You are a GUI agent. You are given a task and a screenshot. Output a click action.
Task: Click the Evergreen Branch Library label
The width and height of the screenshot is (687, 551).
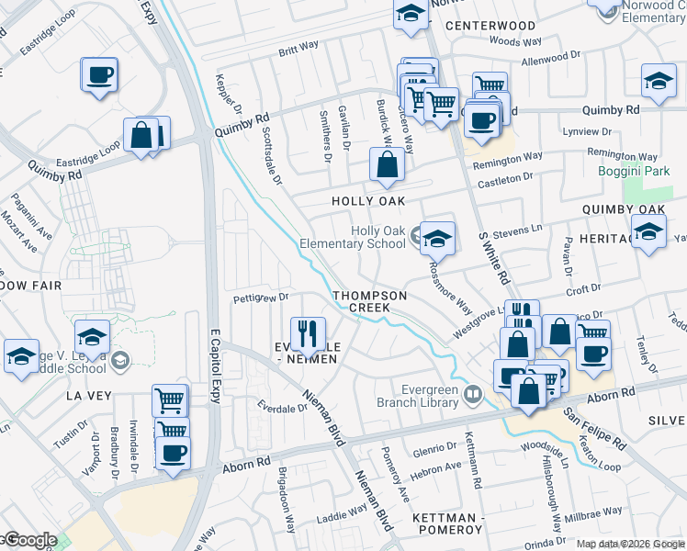point(418,395)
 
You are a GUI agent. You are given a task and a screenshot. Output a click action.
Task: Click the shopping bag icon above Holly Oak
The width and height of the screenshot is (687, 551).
point(388,166)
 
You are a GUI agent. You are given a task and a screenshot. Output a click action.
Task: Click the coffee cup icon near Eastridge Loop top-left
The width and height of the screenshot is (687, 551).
point(100,75)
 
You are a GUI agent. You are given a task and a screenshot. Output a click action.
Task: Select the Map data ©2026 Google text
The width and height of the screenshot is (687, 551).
point(630,544)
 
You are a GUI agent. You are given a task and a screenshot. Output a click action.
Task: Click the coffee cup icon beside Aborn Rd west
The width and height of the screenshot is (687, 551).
point(173,452)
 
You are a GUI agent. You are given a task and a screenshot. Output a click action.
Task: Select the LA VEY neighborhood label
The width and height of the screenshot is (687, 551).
point(89,396)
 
